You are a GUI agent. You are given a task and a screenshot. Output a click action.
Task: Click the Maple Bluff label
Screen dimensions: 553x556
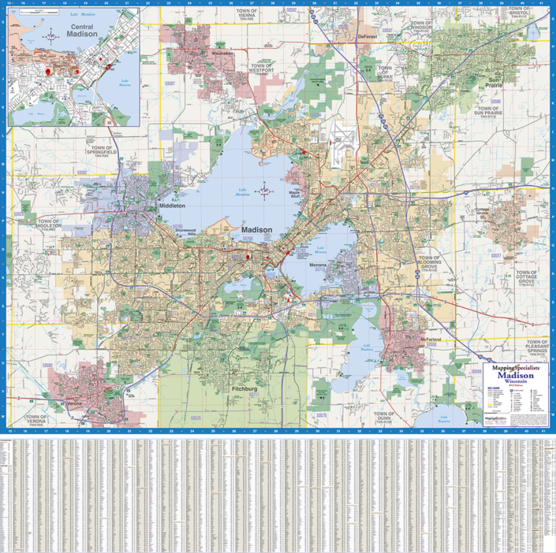click(299, 193)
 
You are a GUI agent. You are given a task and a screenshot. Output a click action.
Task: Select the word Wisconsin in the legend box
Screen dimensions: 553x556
click(514, 382)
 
